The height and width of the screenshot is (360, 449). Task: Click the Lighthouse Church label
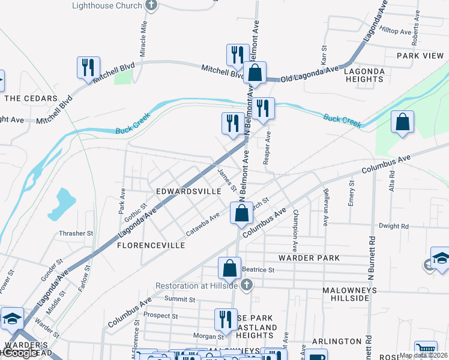pos(107,5)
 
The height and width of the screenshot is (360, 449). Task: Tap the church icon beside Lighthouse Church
pos(151,5)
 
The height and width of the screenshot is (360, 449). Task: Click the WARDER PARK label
pos(309,258)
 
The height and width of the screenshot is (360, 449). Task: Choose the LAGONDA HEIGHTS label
pos(364,75)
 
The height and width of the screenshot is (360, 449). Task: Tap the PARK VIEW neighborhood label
pos(420,56)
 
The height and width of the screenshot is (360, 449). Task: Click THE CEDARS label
pos(31,98)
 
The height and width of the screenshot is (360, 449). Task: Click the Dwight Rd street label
pos(393,226)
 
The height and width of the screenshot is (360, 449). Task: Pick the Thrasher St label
pos(76,233)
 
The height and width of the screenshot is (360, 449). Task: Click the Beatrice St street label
pos(258,270)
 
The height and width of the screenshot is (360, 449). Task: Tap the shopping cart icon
pos(425,349)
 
